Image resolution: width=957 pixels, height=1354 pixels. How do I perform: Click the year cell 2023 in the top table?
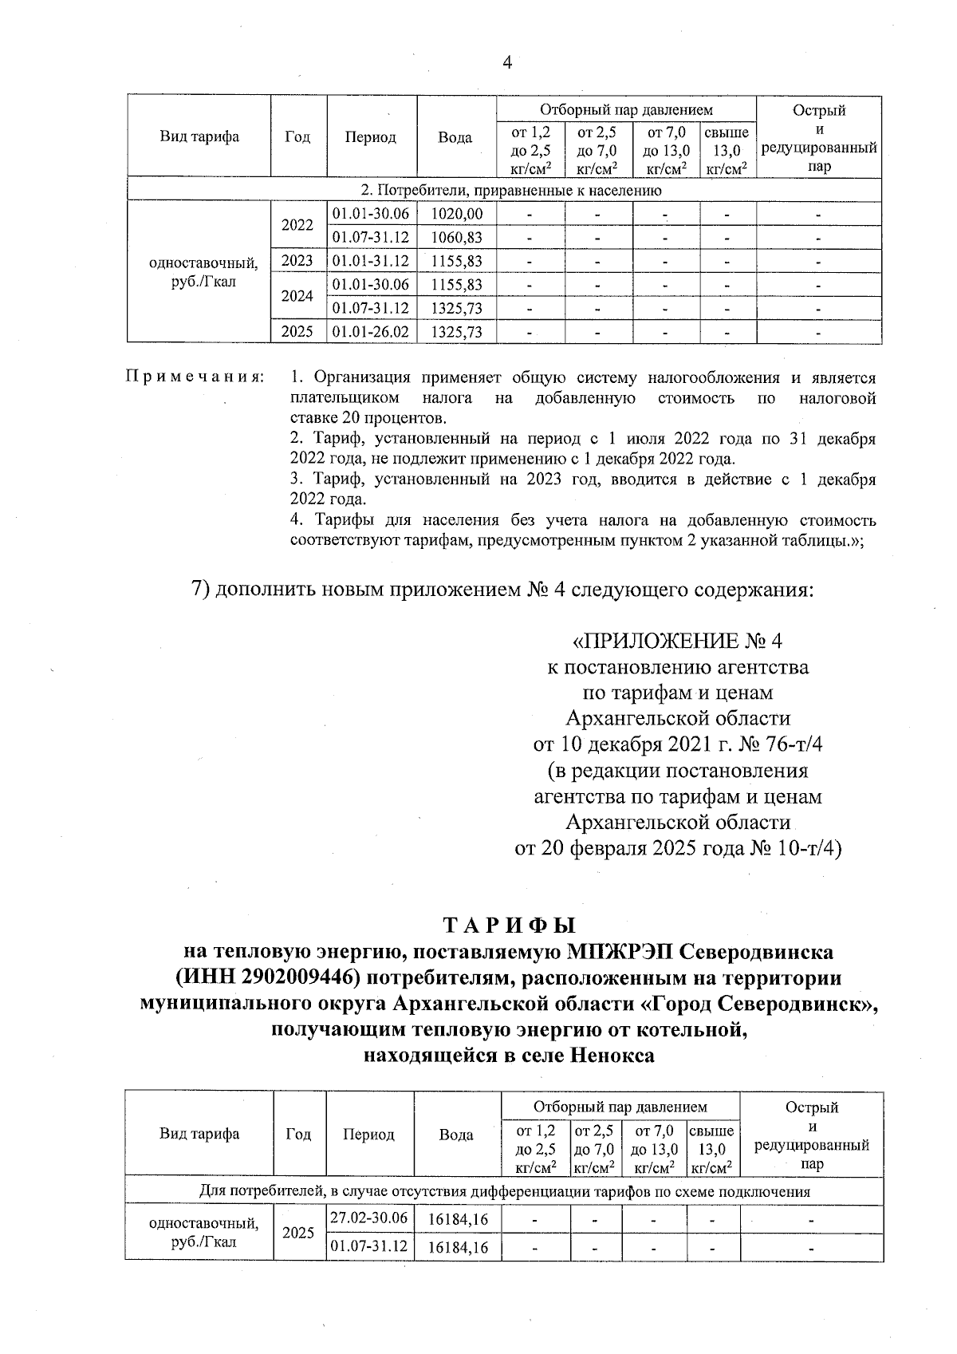[297, 261]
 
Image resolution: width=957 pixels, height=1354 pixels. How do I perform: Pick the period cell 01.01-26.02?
[370, 332]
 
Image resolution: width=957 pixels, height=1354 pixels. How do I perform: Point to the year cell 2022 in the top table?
[297, 225]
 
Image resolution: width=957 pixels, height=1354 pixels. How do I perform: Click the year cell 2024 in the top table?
[297, 296]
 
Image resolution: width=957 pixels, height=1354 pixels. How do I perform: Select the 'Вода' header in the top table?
[455, 137]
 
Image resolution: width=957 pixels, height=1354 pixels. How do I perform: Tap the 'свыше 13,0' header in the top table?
[727, 150]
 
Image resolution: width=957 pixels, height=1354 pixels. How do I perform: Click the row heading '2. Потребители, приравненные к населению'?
[510, 191]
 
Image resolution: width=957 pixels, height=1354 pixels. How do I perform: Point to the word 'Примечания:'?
[195, 377]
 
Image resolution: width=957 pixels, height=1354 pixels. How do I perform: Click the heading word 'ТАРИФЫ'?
[509, 926]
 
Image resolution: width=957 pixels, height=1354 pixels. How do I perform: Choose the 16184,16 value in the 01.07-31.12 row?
[457, 1247]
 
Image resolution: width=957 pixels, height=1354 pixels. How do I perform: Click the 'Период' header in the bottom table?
[368, 1134]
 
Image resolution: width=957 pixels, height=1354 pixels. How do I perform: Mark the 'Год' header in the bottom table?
[298, 1134]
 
